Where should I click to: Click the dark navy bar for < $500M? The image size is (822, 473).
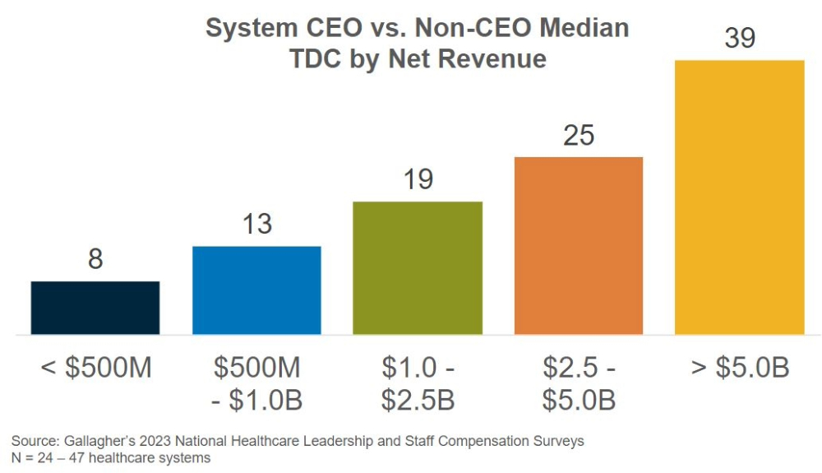pyautogui.click(x=95, y=308)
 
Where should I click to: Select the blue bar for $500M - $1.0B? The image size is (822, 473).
pyautogui.click(x=256, y=290)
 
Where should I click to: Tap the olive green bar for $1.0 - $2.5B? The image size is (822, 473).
pyautogui.click(x=418, y=268)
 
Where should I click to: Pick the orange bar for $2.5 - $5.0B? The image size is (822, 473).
pyautogui.click(x=579, y=245)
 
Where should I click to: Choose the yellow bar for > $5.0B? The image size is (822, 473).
pyautogui.click(x=739, y=197)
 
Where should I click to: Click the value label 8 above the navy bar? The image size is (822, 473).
pyautogui.click(x=95, y=259)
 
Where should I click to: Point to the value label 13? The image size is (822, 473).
pyautogui.click(x=256, y=224)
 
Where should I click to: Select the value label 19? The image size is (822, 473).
pyautogui.click(x=418, y=179)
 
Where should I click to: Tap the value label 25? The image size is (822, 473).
pyautogui.click(x=579, y=135)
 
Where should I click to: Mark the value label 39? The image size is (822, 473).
pyautogui.click(x=739, y=38)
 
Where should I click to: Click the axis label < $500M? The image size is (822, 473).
pyautogui.click(x=96, y=368)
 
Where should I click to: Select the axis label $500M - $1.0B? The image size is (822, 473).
pyautogui.click(x=257, y=383)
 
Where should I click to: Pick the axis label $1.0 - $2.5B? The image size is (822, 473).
pyautogui.click(x=418, y=383)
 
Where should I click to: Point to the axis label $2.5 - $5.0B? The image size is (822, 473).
pyautogui.click(x=579, y=383)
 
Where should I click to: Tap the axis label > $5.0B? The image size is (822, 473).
pyautogui.click(x=740, y=368)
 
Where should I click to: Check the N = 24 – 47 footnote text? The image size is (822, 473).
pyautogui.click(x=111, y=458)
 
